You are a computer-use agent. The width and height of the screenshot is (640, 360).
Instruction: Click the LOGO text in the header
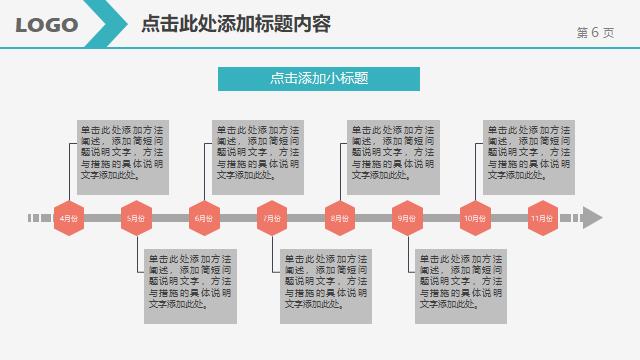pos(47,25)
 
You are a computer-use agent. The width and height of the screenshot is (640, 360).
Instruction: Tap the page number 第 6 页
pos(595,32)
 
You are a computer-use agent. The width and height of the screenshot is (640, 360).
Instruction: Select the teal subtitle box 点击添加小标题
pos(318,78)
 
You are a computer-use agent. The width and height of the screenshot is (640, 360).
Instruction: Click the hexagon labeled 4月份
pos(68,218)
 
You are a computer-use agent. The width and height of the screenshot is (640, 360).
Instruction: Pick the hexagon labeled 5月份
pos(135,218)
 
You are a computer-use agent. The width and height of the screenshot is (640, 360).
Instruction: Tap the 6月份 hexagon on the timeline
pos(203,218)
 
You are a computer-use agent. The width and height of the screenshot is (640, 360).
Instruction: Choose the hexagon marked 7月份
pos(271,218)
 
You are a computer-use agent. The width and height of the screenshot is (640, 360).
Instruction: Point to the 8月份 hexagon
pos(339,218)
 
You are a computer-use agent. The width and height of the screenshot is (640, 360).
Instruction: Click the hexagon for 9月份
pos(406,218)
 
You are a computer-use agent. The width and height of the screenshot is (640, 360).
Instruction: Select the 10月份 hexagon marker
pos(474,218)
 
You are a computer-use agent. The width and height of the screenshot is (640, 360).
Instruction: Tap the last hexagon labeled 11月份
pos(541,218)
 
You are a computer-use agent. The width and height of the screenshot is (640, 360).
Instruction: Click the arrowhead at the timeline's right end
pos(592,218)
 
